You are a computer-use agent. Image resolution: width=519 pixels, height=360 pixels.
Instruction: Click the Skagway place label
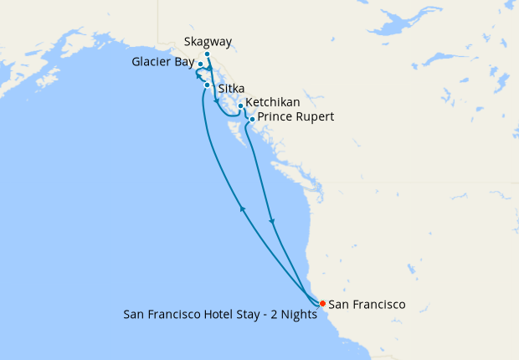coord(208,42)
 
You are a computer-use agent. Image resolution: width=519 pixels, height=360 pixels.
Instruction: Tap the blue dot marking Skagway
coord(208,54)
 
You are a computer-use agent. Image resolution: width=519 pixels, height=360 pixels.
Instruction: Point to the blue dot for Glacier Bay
coord(200,64)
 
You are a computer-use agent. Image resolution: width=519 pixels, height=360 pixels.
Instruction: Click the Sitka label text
coord(230,88)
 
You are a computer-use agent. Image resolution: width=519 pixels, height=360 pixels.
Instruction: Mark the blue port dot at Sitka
coord(207,85)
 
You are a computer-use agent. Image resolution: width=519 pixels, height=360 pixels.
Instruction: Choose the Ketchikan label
coord(273,102)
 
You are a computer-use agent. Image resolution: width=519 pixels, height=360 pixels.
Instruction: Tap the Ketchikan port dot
coord(240,106)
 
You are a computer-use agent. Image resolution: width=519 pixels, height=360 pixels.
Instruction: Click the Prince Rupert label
coord(295,117)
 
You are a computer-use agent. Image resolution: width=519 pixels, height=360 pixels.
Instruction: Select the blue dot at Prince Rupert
coord(252,120)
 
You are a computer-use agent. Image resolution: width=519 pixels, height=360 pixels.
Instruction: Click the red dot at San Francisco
coord(322,304)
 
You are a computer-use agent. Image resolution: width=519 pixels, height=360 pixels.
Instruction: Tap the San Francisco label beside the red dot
coord(367,305)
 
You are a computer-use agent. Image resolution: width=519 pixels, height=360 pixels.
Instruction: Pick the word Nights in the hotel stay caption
coord(301,316)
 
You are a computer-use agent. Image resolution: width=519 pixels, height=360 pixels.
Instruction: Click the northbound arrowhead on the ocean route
coord(243,209)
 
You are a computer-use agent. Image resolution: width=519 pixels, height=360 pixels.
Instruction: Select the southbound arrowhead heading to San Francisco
coord(272,222)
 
